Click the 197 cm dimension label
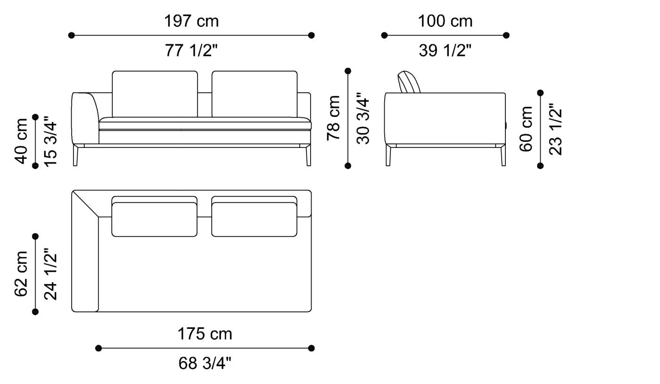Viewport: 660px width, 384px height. point(191,21)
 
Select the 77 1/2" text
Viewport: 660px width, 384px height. point(191,50)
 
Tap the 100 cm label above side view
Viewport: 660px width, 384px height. point(445,21)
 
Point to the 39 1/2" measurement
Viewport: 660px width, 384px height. point(445,50)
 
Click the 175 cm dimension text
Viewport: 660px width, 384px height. point(205,334)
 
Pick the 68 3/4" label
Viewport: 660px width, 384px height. point(205,363)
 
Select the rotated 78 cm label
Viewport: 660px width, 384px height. point(334,118)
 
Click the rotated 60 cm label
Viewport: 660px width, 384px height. point(526,129)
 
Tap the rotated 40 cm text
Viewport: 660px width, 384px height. point(22,140)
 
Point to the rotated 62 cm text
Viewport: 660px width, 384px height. point(22,274)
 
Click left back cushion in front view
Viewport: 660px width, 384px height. point(155,93)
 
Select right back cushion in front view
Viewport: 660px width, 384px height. point(255,93)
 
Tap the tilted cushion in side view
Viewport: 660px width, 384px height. point(408,82)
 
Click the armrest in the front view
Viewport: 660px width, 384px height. point(85,118)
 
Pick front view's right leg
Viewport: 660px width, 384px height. point(308,155)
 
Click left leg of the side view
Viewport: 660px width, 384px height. point(388,155)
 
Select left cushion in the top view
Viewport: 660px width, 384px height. point(155,219)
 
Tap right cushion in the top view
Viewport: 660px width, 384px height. point(255,219)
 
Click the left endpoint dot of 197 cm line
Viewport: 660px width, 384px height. point(71,35)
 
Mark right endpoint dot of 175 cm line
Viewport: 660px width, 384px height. point(311,348)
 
